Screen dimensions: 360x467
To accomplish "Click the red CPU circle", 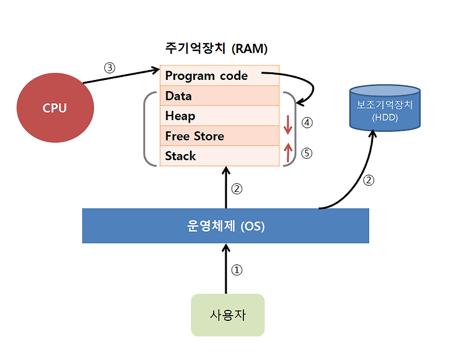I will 54,108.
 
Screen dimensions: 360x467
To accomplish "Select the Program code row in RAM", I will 219,76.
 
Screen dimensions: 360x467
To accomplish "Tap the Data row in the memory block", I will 219,96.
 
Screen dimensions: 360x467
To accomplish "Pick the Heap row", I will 219,116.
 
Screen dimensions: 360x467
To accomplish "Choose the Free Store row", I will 219,136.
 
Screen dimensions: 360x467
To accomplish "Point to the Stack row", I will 219,156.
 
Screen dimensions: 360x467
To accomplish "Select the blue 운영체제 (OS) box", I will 225,226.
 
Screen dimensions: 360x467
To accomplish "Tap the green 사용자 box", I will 228,315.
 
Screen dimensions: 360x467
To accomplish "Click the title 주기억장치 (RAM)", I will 217,48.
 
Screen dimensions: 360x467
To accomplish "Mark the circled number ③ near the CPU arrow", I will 110,67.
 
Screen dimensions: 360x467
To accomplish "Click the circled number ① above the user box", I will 236,270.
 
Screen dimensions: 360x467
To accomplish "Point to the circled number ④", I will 307,123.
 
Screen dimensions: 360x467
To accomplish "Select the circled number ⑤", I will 307,153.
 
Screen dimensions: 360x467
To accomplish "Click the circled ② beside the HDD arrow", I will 368,180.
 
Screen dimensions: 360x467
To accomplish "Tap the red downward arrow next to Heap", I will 287,124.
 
